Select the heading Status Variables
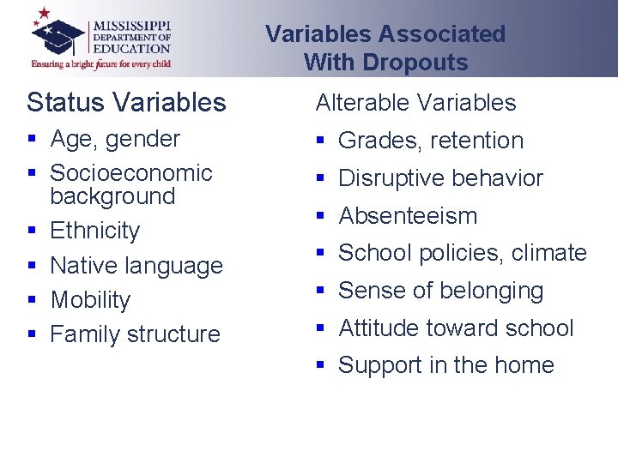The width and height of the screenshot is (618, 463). [x=126, y=103]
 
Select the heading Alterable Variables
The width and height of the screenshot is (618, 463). [x=415, y=103]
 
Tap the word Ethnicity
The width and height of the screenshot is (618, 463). [x=94, y=231]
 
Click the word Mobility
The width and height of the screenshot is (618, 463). [x=90, y=300]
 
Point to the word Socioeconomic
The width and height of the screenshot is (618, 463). [x=131, y=172]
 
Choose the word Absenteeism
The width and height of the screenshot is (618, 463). [x=408, y=216]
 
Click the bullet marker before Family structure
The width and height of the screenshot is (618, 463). [x=31, y=334]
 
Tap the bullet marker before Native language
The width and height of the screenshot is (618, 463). [x=31, y=266]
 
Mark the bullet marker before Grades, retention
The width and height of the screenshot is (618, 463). [x=320, y=141]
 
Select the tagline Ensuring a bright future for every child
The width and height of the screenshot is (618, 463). [x=100, y=63]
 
